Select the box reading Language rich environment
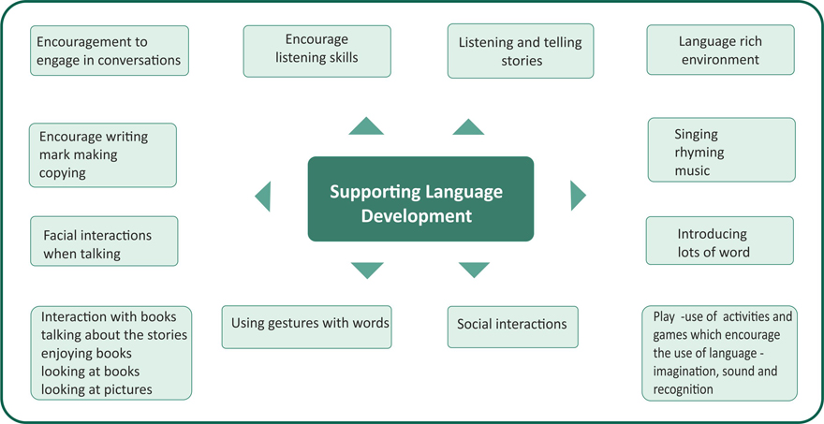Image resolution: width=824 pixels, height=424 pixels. coord(720,51)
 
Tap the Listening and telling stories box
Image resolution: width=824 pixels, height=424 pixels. coord(520,51)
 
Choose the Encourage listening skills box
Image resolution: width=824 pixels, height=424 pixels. coord(316,50)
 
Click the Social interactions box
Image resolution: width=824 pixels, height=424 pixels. coord(512,325)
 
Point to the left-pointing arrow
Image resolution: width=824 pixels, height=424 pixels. coord(263,196)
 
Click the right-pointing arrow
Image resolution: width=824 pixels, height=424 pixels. coord(577,195)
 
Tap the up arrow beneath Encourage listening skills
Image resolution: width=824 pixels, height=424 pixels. coord(366,126)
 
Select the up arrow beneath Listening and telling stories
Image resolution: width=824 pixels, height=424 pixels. coord(468,127)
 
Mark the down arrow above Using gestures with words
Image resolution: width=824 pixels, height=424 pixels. coord(367,270)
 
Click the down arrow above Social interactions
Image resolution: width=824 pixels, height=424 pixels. coord(474,270)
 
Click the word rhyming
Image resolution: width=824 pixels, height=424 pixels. coord(699,153)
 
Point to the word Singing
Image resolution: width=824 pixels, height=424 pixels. coord(697,135)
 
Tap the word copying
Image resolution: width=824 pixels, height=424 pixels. coord(62,173)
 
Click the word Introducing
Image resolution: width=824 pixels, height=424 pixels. coord(712,234)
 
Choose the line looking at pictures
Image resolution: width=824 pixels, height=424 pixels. coord(96,389)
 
